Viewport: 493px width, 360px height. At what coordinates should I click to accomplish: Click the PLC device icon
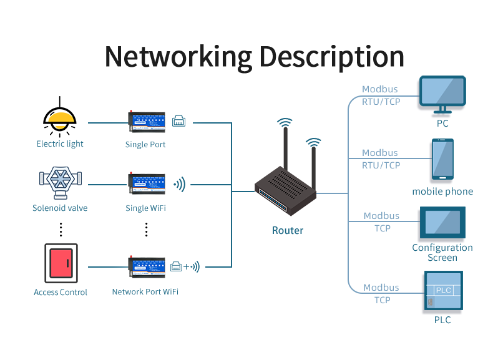pyautogui.click(x=442, y=291)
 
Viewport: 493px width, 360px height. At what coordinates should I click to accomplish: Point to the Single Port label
pyautogui.click(x=145, y=145)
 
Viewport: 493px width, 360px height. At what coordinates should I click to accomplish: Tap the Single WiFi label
pyautogui.click(x=145, y=208)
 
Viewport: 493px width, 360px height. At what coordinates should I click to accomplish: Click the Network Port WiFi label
pyautogui.click(x=145, y=291)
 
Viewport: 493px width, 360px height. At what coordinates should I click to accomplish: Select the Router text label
pyautogui.click(x=288, y=230)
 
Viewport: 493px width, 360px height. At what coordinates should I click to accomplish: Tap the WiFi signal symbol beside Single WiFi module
pyautogui.click(x=179, y=184)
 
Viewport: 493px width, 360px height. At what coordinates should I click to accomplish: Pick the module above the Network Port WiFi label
pyautogui.click(x=147, y=266)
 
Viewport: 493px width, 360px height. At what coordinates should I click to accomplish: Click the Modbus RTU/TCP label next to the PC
pyautogui.click(x=381, y=95)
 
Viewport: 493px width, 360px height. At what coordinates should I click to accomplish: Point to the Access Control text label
pyautogui.click(x=61, y=292)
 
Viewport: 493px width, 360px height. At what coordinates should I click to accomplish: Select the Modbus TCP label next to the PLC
pyautogui.click(x=381, y=294)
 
